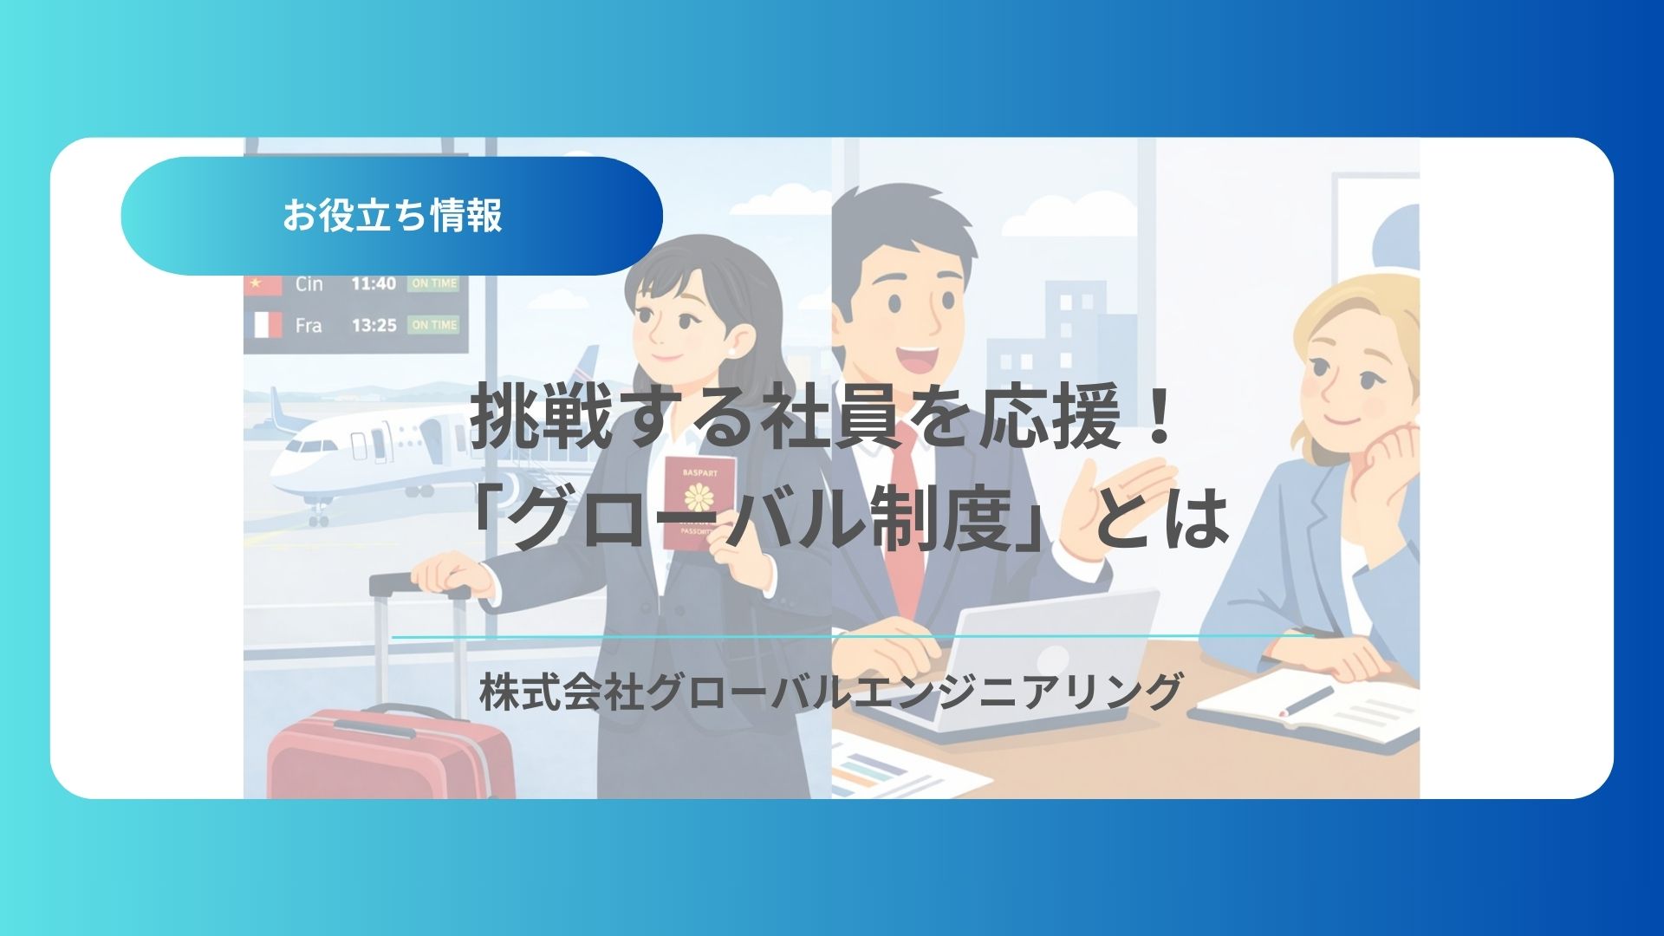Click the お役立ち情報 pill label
[392, 216]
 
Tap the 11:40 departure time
[374, 283]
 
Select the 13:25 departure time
[374, 326]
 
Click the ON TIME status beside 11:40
[433, 283]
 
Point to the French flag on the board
[266, 325]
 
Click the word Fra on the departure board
[309, 326]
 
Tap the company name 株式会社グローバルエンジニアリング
[830, 692]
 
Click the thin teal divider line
[854, 636]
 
